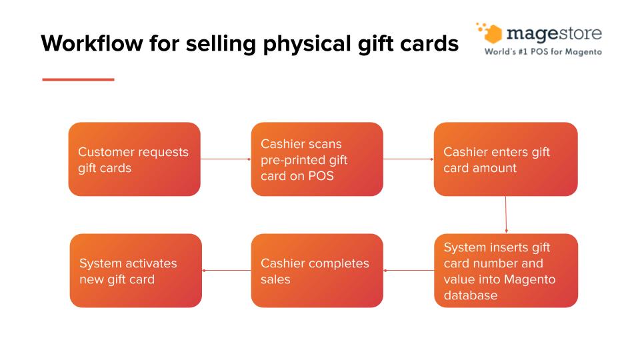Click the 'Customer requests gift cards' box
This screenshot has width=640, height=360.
click(x=134, y=159)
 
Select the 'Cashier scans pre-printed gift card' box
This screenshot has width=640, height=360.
click(x=317, y=159)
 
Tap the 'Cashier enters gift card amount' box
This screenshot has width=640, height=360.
click(x=506, y=159)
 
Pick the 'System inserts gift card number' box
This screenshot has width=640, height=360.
click(x=506, y=271)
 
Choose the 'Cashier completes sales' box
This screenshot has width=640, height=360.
click(x=317, y=271)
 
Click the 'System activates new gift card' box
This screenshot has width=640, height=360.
click(x=136, y=271)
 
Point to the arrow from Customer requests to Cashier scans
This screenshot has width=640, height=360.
click(x=226, y=159)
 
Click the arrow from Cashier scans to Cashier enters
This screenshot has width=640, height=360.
click(x=409, y=159)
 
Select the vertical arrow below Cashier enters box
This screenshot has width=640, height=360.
click(x=506, y=215)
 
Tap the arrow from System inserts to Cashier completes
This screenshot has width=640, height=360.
click(x=409, y=270)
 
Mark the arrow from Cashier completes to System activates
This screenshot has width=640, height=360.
click(x=227, y=270)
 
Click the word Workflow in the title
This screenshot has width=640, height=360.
click(x=92, y=43)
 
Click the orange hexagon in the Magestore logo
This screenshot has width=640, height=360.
click(x=493, y=34)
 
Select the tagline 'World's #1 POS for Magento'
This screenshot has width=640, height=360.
click(x=543, y=52)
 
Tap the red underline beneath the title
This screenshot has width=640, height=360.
click(x=79, y=79)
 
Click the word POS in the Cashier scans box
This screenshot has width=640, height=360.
click(x=321, y=176)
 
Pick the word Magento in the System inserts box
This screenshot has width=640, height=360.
click(x=530, y=279)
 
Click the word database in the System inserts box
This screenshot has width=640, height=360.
click(x=471, y=295)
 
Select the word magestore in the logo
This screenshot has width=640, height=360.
click(x=554, y=34)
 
